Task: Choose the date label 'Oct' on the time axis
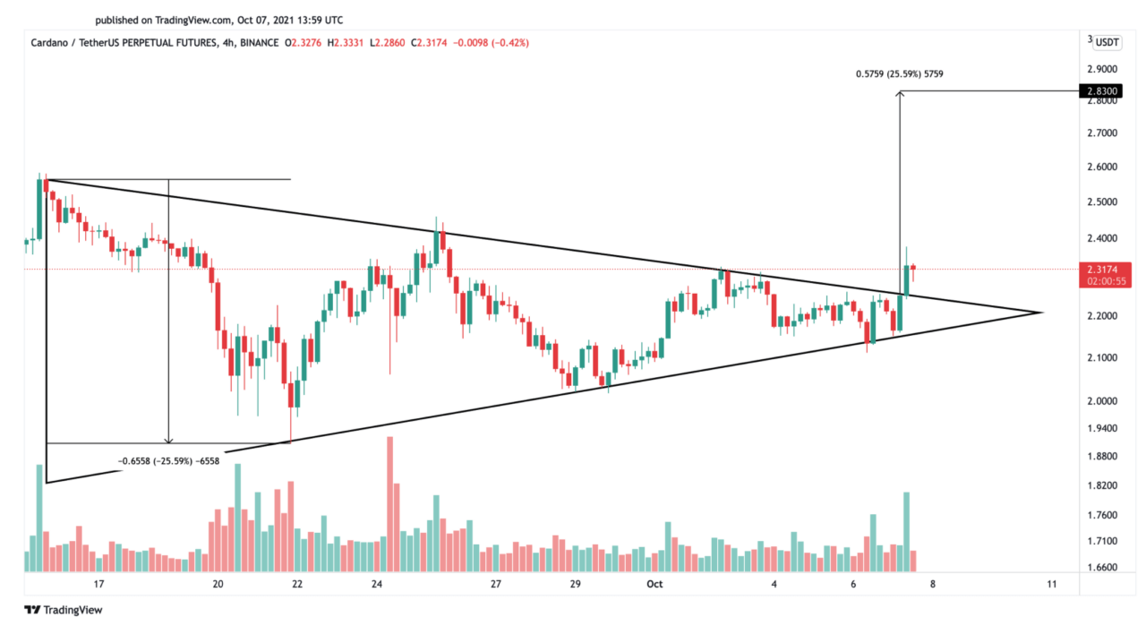click(x=654, y=584)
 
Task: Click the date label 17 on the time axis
click(x=98, y=584)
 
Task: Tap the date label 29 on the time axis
click(x=575, y=584)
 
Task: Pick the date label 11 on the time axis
click(x=1051, y=584)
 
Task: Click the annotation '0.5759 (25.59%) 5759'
click(x=898, y=73)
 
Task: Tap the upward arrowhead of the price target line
click(x=900, y=94)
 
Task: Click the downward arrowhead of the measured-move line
click(x=168, y=440)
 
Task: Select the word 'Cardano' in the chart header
click(x=51, y=42)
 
